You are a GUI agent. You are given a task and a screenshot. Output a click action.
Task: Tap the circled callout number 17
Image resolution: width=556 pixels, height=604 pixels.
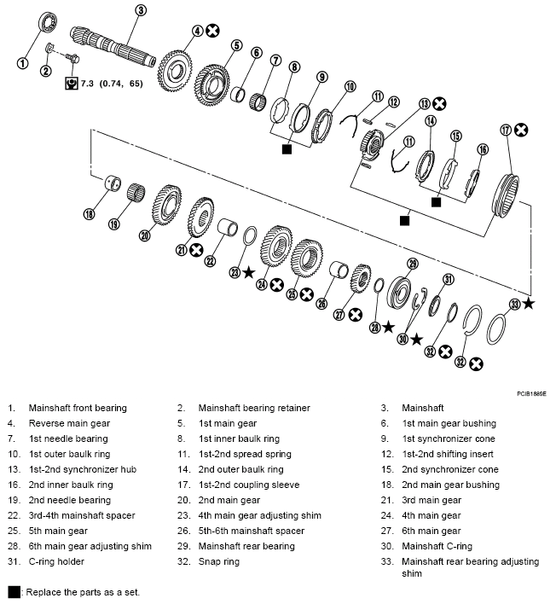pyautogui.click(x=507, y=131)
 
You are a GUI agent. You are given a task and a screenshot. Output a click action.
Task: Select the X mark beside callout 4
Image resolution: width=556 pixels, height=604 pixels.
pyautogui.click(x=213, y=31)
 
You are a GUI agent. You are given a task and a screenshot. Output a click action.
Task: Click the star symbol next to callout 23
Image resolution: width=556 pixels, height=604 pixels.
pyautogui.click(x=248, y=272)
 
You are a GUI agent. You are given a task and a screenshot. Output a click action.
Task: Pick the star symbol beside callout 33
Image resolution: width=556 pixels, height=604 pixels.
pyautogui.click(x=529, y=303)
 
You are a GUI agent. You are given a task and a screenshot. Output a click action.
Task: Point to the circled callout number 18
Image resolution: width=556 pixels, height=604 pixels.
pyautogui.click(x=89, y=214)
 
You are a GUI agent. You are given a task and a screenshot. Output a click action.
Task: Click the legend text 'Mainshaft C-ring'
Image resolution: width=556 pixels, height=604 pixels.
pyautogui.click(x=437, y=546)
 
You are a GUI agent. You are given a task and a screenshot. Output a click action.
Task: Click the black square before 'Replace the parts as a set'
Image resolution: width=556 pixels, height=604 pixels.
pyautogui.click(x=14, y=591)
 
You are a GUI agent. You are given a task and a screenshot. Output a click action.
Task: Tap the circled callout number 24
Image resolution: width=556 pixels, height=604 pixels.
pyautogui.click(x=262, y=283)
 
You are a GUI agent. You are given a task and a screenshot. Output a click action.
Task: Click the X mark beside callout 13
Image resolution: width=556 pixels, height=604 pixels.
pyautogui.click(x=439, y=104)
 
